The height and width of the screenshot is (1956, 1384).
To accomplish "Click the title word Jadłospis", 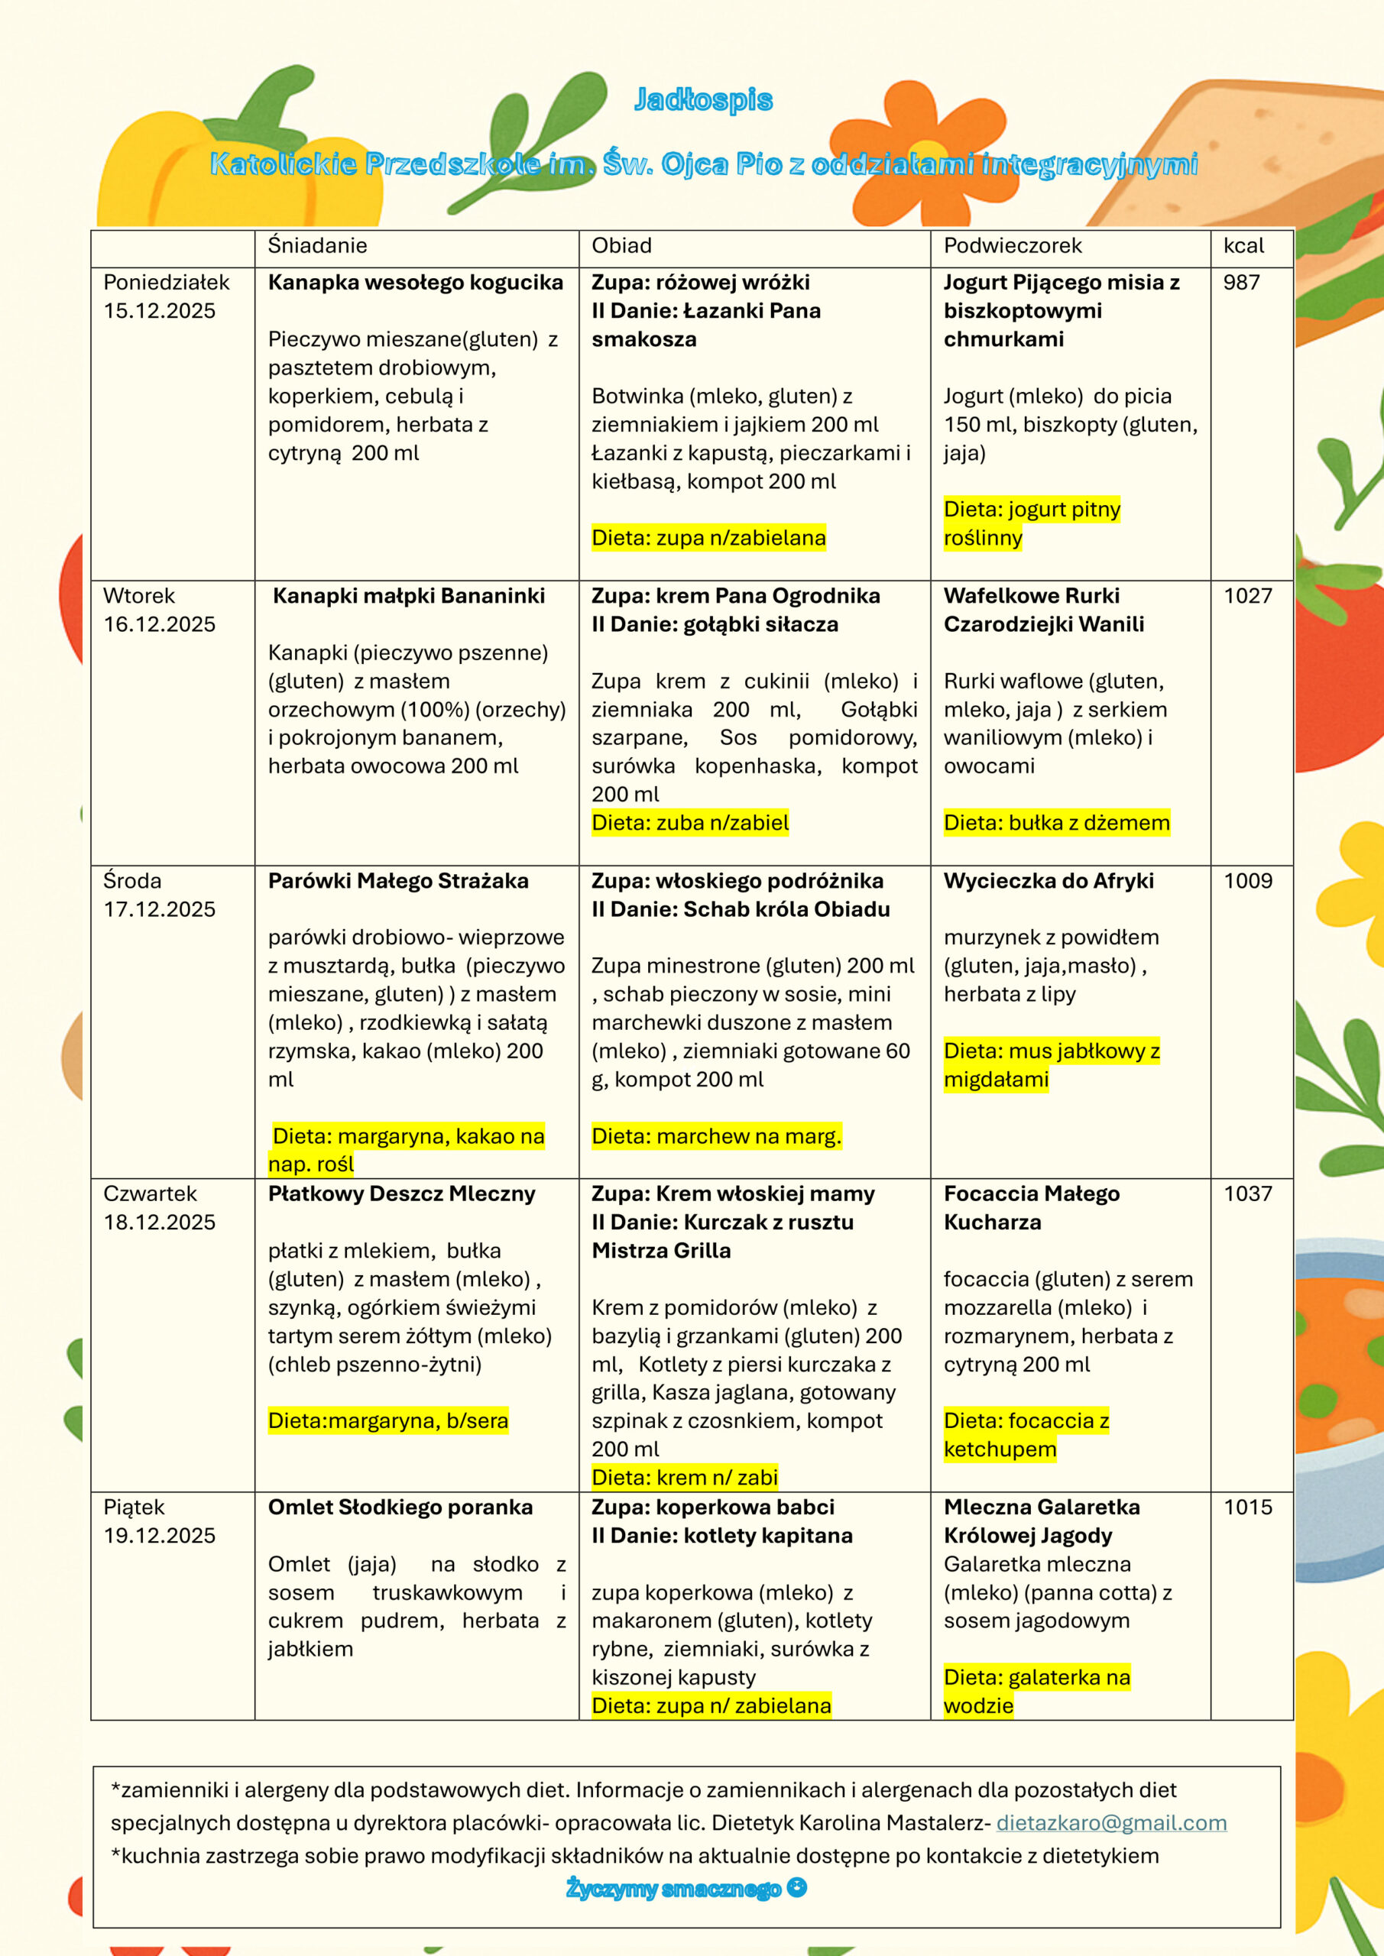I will click(x=703, y=99).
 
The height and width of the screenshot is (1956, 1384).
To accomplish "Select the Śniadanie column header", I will click(x=317, y=245).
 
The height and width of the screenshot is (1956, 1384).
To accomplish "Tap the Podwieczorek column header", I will click(x=1012, y=245).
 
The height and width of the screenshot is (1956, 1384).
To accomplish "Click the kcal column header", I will click(x=1243, y=245).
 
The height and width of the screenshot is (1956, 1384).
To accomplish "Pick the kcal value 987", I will click(x=1241, y=282).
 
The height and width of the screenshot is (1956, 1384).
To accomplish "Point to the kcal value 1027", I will click(x=1248, y=595).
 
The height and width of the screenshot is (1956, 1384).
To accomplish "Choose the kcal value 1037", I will click(x=1248, y=1193).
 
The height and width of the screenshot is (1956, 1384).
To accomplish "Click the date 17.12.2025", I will click(x=160, y=909).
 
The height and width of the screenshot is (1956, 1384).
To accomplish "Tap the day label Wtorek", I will click(x=139, y=595).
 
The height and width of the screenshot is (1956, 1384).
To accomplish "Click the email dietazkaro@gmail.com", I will click(x=1111, y=1822).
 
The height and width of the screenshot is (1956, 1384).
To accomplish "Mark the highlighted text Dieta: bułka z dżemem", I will click(x=1056, y=823).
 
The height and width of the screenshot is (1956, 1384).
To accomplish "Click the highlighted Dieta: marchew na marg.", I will click(x=716, y=1135).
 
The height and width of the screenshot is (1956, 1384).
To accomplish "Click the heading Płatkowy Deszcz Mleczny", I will click(x=401, y=1193).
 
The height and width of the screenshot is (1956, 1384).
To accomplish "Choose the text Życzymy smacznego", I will click(x=673, y=1889).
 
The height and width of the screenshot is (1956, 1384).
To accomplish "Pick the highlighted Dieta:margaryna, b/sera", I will click(x=387, y=1420).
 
